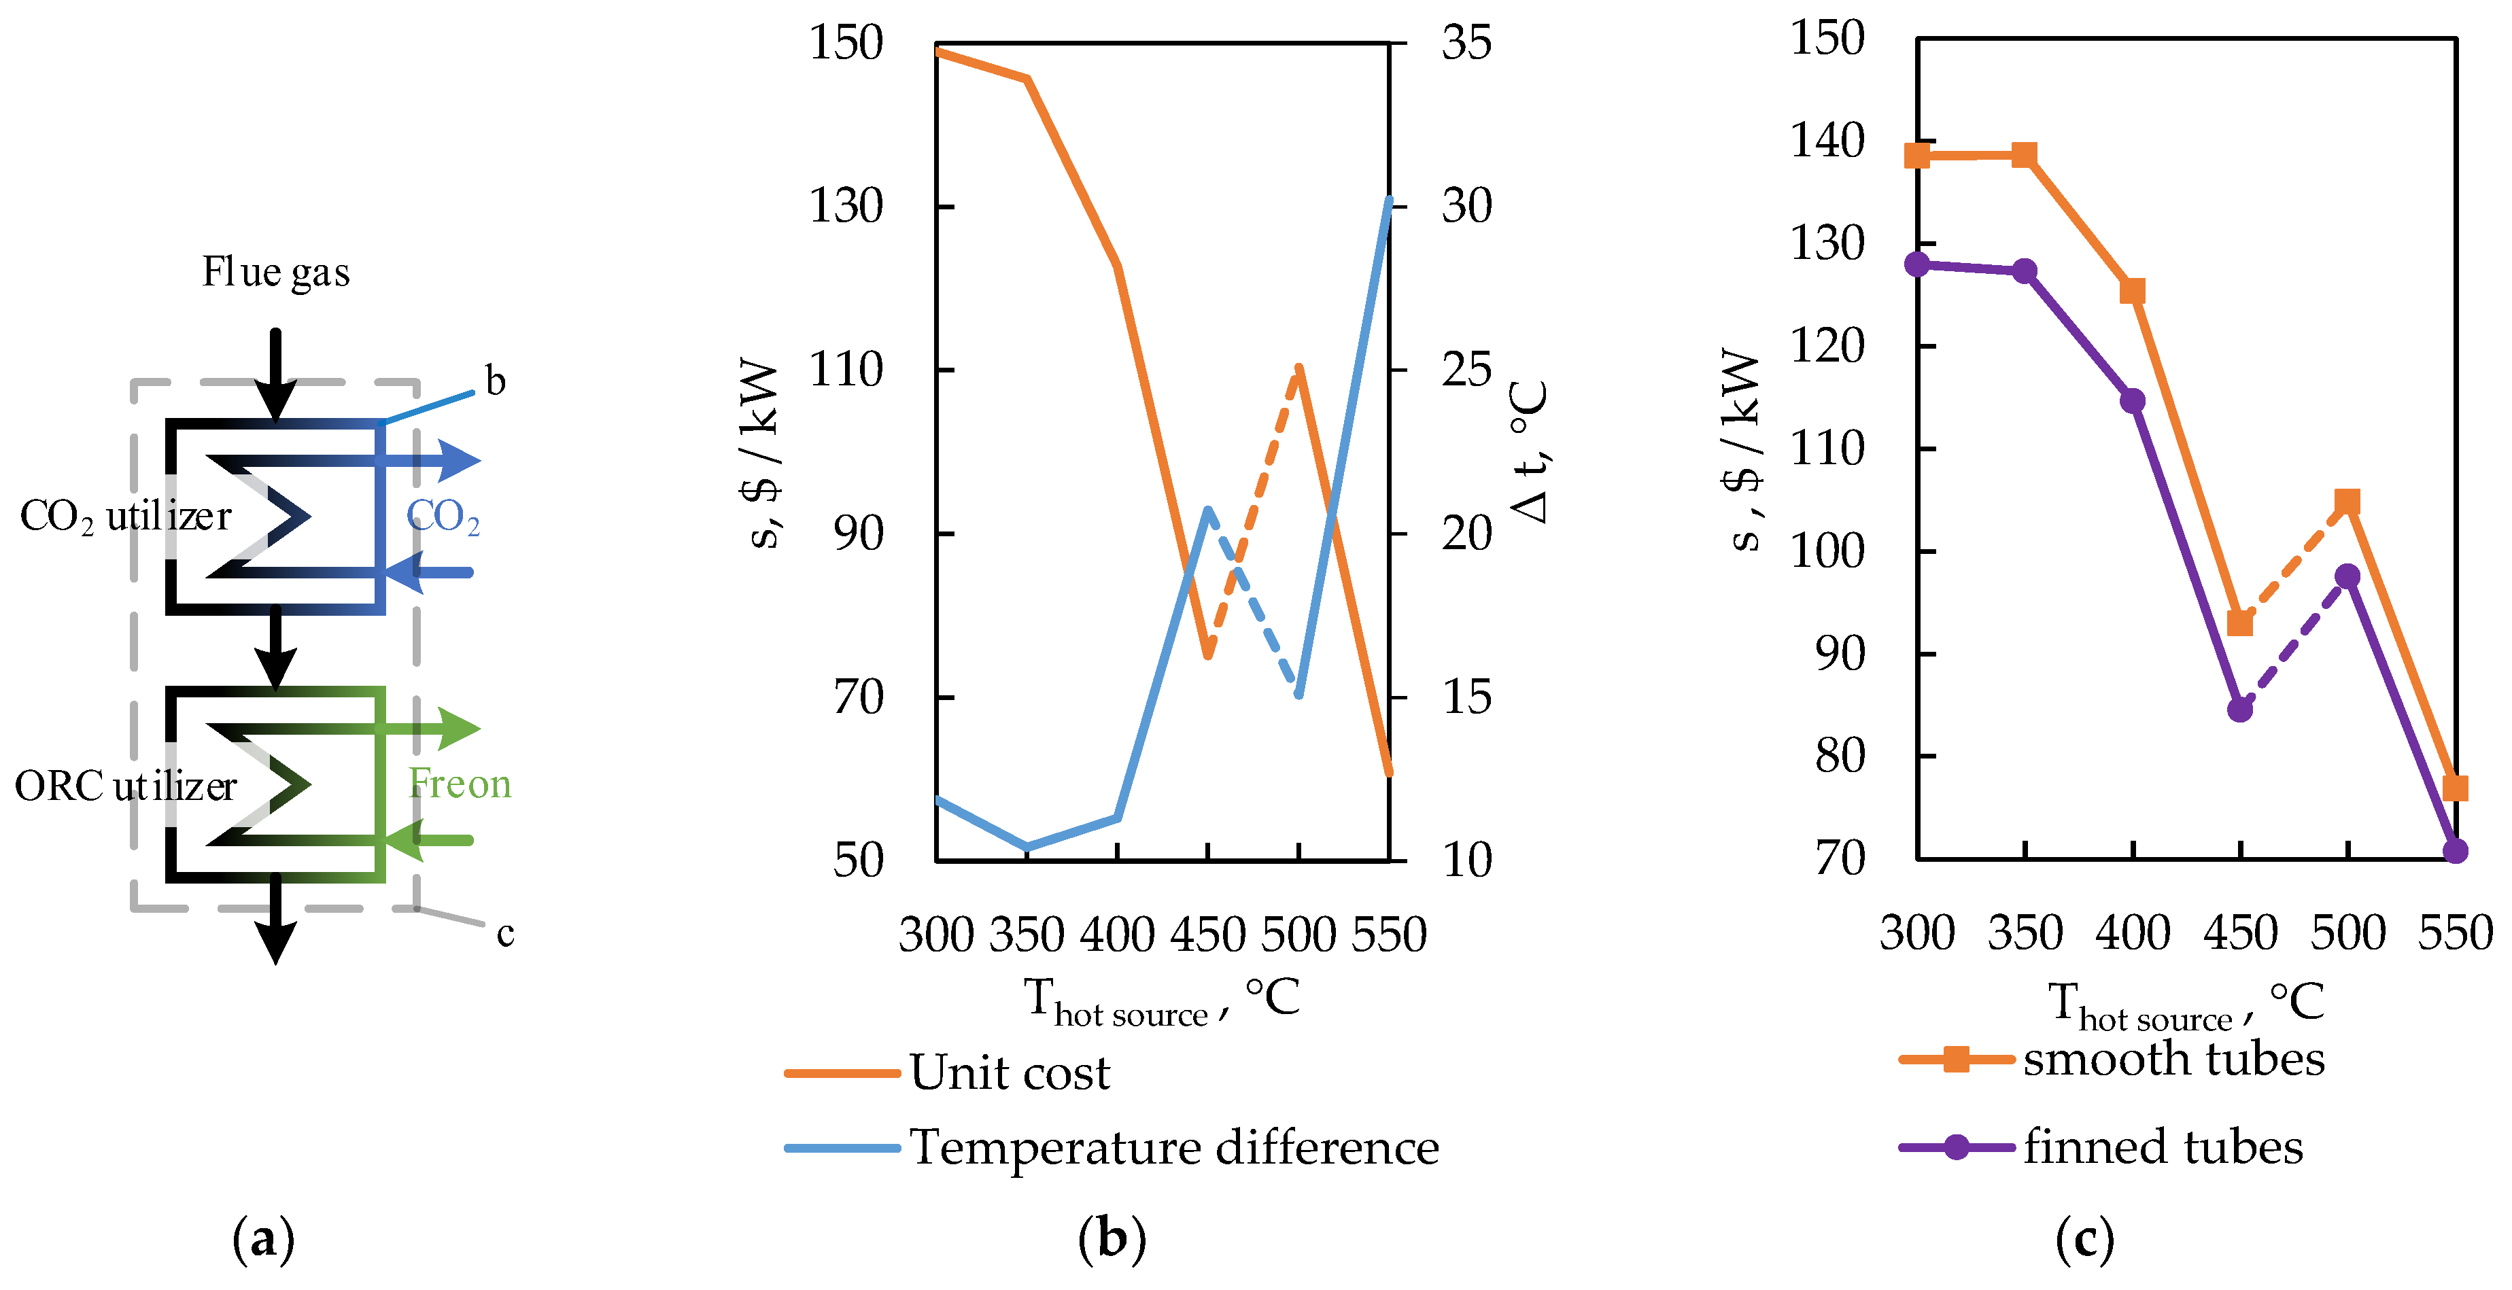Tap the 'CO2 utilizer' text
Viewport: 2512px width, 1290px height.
click(x=125, y=516)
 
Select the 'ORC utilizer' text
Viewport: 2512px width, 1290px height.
click(x=125, y=786)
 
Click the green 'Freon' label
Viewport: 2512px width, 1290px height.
click(x=460, y=784)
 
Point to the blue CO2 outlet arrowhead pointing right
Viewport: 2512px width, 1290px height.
click(x=460, y=460)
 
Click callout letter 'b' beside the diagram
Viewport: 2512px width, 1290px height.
click(x=496, y=382)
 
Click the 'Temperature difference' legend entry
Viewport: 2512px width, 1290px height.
click(x=1173, y=1148)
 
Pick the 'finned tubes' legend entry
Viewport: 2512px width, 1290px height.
click(x=2162, y=1147)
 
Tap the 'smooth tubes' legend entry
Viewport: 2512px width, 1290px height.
click(x=2173, y=1059)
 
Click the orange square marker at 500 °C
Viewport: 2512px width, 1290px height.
click(x=2347, y=502)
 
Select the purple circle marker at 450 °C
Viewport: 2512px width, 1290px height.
click(x=2240, y=709)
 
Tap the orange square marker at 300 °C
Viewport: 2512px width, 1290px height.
click(x=1917, y=156)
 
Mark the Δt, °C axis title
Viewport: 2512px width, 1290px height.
click(x=1527, y=451)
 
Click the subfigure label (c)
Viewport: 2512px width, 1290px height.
click(x=2084, y=1239)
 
